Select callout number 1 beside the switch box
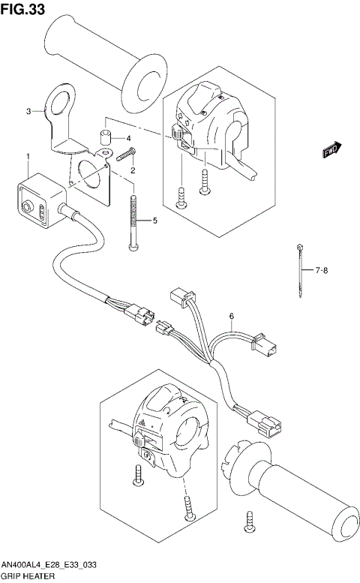click(x=28, y=157)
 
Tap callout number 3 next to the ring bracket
click(x=29, y=112)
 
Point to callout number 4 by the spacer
click(x=128, y=139)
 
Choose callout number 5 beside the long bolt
click(x=154, y=221)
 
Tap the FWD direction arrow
click(x=332, y=149)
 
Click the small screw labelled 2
click(x=124, y=155)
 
